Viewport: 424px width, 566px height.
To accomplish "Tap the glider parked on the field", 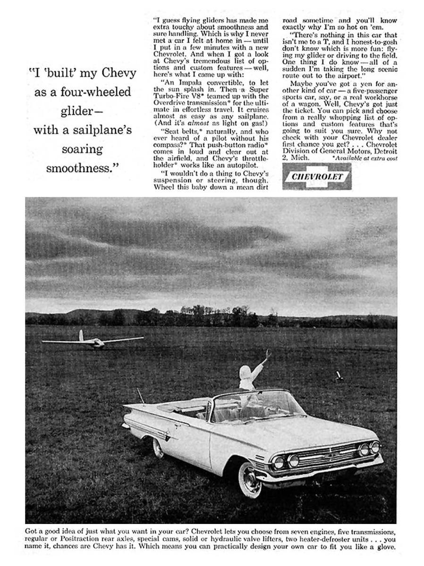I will click(93, 342).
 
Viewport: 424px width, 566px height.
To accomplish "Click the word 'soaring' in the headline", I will click(82, 149).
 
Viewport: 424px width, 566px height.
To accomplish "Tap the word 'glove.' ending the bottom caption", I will click(385, 547).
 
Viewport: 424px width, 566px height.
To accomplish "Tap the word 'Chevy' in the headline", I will click(119, 73).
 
